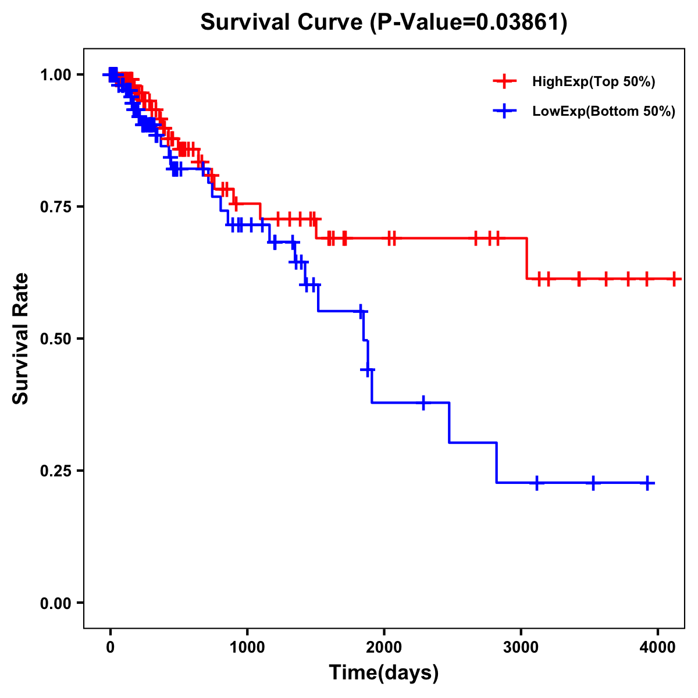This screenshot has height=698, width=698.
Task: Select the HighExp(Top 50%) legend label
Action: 593,82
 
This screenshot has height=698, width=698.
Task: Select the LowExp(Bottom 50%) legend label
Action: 604,112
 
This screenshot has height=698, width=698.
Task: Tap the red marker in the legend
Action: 504,81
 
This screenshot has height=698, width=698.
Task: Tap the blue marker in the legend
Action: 504,111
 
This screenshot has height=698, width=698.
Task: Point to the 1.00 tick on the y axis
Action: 56,74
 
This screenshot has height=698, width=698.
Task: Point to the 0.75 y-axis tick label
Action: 56,206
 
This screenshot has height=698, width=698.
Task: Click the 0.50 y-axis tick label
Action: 56,339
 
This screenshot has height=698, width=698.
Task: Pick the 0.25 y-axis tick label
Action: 56,471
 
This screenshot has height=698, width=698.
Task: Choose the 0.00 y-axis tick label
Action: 56,603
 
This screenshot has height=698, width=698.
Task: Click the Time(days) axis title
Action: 384,672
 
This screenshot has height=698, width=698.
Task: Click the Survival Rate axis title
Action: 21,339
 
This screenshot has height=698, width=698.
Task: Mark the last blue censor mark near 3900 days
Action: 647,483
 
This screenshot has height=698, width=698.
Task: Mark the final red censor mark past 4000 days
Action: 674,279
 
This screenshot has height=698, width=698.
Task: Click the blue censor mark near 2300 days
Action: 423,403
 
